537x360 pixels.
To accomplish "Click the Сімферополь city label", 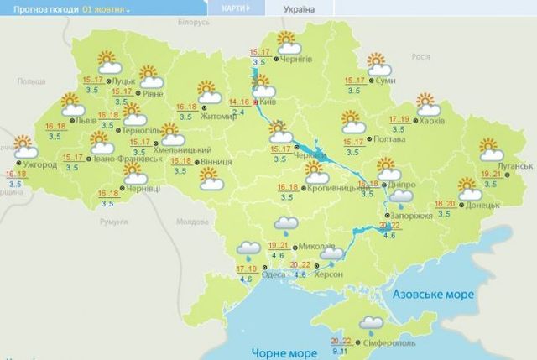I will coord(390,345).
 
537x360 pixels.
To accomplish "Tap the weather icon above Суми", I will coord(378,63).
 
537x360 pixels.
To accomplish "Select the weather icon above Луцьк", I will coord(107,60).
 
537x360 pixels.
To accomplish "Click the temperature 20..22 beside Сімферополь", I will coord(341,341).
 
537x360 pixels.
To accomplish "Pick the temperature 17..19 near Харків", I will coord(400,119).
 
